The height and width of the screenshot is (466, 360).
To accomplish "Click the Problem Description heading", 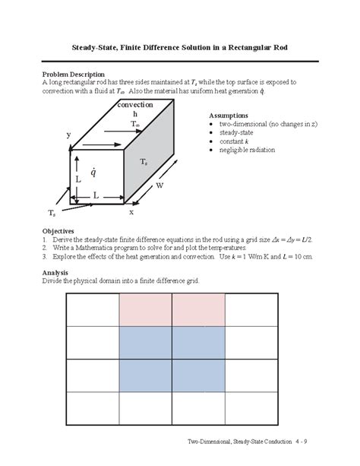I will [76, 73].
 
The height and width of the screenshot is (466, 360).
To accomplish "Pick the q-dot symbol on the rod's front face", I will [93, 173].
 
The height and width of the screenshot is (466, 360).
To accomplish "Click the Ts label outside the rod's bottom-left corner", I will [51, 212].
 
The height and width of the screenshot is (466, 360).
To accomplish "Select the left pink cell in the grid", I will [145, 309].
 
